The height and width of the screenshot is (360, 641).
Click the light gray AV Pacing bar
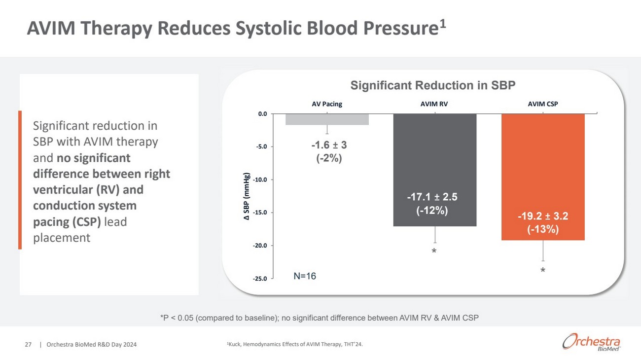pyautogui.click(x=327, y=119)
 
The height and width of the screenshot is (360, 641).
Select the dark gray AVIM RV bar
pyautogui.click(x=434, y=163)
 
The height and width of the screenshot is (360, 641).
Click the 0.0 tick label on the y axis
pyautogui.click(x=262, y=114)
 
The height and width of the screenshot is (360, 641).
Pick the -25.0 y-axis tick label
pyautogui.click(x=260, y=279)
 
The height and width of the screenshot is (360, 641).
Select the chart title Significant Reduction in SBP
pyautogui.click(x=432, y=85)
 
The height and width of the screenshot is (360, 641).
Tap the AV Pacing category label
pyautogui.click(x=327, y=104)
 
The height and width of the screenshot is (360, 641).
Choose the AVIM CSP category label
pyautogui.click(x=542, y=104)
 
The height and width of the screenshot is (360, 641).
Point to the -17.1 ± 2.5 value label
pyautogui.click(x=432, y=197)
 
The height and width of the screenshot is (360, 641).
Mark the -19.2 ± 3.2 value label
pyautogui.click(x=543, y=216)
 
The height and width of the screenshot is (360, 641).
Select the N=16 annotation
pyautogui.click(x=305, y=276)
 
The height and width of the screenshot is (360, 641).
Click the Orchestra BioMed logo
pyautogui.click(x=591, y=342)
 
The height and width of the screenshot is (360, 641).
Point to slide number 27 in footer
pyautogui.click(x=28, y=345)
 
